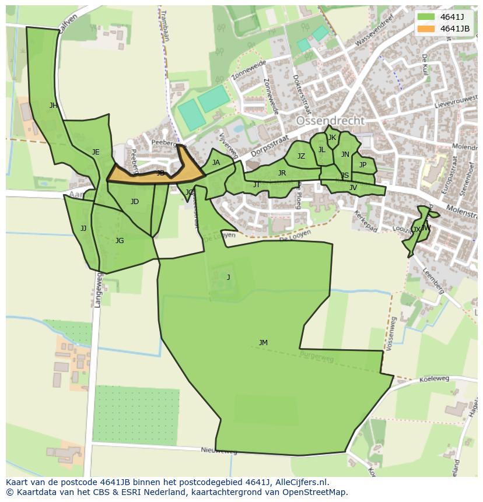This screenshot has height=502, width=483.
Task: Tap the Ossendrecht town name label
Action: pos(330,121)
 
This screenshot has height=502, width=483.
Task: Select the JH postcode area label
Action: pos(54,106)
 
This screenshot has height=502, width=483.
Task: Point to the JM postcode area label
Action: pos(263,343)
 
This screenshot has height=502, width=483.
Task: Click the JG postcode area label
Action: pos(120,241)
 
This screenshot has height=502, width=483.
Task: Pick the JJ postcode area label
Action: pos(83,229)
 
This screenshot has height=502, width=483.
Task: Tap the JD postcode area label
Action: pos(135,202)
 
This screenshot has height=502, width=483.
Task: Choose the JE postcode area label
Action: pos(96,152)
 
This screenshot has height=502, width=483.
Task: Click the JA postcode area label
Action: pos(216,163)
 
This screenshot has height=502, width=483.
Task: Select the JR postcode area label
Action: pos(282,173)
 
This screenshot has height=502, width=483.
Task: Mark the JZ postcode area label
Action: pos(301,156)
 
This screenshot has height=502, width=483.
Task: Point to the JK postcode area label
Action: pos(332,138)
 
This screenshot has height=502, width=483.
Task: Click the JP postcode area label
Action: pos(363,165)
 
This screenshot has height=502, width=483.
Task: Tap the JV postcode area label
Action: pos(353,188)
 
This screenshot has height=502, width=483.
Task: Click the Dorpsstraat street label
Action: pos(270,146)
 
